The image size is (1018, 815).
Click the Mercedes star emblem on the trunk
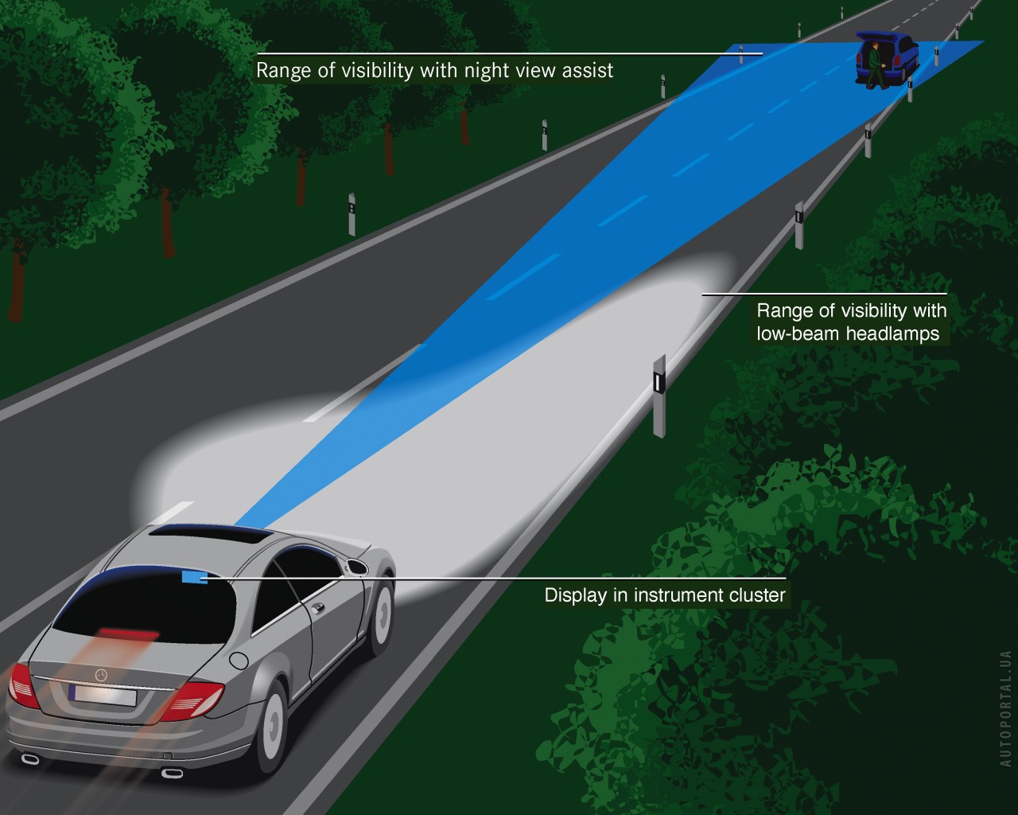point(101,675)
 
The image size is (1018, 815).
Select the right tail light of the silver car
point(191,700)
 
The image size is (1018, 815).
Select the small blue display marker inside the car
point(193,576)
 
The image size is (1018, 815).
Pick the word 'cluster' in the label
point(755,595)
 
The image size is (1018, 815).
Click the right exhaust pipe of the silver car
point(172,772)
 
